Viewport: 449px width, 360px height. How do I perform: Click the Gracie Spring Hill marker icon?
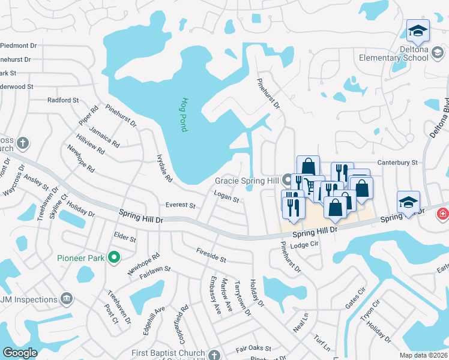pyautogui.click(x=288, y=179)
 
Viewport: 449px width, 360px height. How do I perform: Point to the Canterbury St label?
pyautogui.click(x=397, y=163)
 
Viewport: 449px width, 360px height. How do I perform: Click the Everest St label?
pyautogui.click(x=181, y=205)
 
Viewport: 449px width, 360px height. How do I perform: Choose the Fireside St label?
pyautogui.click(x=211, y=256)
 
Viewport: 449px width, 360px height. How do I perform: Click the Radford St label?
pyautogui.click(x=63, y=100)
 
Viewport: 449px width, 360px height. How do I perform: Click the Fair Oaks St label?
pyautogui.click(x=253, y=348)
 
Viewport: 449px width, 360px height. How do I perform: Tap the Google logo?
pyautogui.click(x=20, y=353)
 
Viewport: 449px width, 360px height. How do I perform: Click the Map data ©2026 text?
pyautogui.click(x=423, y=355)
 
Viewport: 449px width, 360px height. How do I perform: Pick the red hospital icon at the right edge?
pyautogui.click(x=442, y=213)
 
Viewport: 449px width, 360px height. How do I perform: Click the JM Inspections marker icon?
pyautogui.click(x=67, y=298)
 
